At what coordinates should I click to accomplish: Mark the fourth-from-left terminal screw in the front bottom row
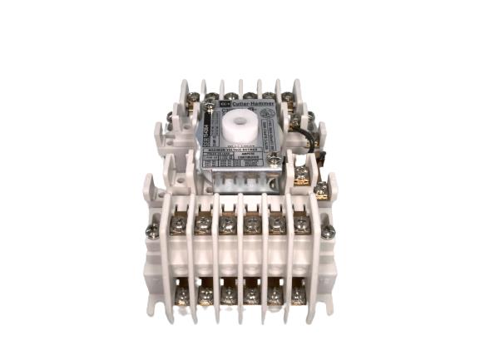pos(251,294)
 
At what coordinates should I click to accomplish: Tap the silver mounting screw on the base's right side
pos(327,234)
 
